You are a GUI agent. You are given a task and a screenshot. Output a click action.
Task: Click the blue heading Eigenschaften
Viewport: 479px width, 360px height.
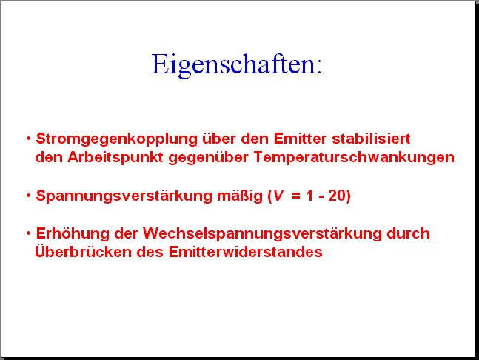pos(236,64)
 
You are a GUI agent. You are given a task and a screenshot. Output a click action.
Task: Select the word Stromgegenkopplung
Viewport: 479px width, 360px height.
pos(117,139)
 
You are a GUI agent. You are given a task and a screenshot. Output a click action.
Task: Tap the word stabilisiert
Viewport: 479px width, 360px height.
pos(371,139)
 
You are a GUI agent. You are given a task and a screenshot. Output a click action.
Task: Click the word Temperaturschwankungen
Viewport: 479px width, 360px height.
pos(354,158)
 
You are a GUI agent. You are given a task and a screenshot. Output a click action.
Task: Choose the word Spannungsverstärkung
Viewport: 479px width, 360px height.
pos(124,196)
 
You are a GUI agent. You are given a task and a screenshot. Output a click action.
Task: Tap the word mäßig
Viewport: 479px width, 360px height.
pos(240,196)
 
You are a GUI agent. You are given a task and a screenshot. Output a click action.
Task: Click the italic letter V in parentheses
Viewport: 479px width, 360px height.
pos(278,196)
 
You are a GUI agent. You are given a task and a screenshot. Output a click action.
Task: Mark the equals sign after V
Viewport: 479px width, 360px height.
pos(296,196)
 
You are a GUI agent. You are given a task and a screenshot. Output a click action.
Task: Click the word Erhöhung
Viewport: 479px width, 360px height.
pos(73,234)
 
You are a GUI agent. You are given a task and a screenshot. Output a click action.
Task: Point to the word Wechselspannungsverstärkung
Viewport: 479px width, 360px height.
pos(262,234)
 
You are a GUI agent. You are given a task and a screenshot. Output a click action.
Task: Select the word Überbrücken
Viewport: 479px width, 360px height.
pos(83,251)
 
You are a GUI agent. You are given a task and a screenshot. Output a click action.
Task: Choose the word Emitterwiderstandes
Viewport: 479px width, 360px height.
pos(245,252)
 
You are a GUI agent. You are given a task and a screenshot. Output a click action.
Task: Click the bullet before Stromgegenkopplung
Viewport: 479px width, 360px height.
pos(28,139)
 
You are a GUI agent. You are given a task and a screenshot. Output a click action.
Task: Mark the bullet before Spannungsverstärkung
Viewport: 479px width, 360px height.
pos(28,196)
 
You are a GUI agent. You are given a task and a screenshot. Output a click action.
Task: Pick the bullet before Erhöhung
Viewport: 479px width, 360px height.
pos(28,233)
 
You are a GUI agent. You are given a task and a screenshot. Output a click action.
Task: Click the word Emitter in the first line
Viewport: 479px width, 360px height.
pos(301,139)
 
